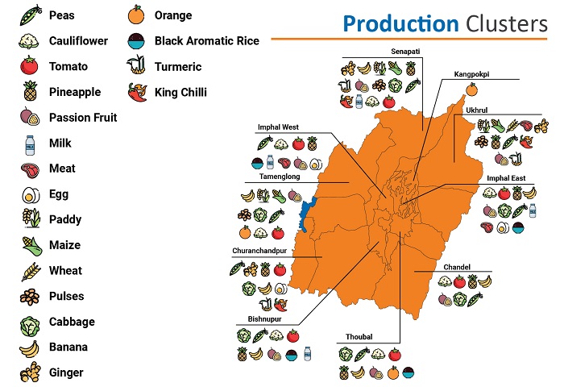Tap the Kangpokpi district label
pos(471,74)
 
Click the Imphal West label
pos(278,127)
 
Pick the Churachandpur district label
pos(259,251)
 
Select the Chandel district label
pos(456,267)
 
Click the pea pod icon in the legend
pos(31,15)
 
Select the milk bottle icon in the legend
pos(31,143)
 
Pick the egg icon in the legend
pos(31,194)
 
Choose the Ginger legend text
pos(66,372)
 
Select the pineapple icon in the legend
pos(31,92)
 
